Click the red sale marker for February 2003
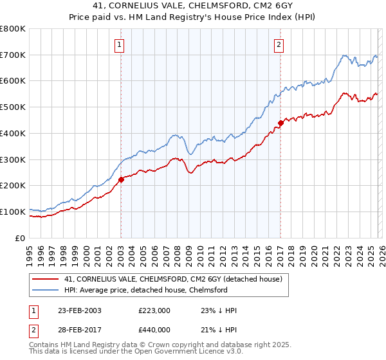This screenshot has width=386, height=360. click(121, 180)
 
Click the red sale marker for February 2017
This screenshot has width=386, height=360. click(280, 123)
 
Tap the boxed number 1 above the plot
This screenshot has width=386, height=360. click(120, 44)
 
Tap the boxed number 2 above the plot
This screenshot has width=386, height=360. click(279, 44)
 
